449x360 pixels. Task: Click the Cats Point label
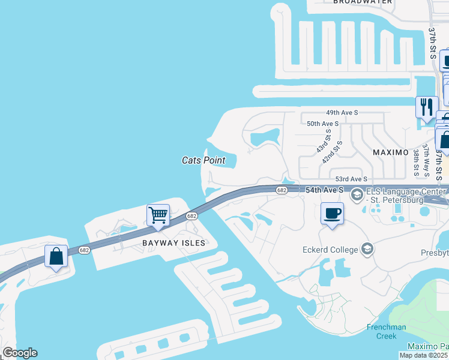point(203,160)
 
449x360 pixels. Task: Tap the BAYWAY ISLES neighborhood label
point(173,243)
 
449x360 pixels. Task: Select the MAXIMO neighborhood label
point(391,152)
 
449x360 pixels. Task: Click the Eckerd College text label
point(330,249)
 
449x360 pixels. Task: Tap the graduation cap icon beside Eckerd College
point(367,249)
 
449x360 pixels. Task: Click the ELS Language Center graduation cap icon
point(357,194)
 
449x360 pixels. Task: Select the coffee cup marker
point(332,213)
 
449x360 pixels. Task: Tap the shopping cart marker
point(158,214)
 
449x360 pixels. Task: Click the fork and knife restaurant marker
point(427,107)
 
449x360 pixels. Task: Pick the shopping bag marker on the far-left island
point(56,256)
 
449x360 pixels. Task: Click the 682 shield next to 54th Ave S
point(282,190)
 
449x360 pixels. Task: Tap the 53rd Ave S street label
point(351,179)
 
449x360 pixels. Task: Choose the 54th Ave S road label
point(324,190)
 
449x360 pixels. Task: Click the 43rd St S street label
point(322,145)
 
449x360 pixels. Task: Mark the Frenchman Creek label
point(387,331)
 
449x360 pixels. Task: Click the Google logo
point(19,353)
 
